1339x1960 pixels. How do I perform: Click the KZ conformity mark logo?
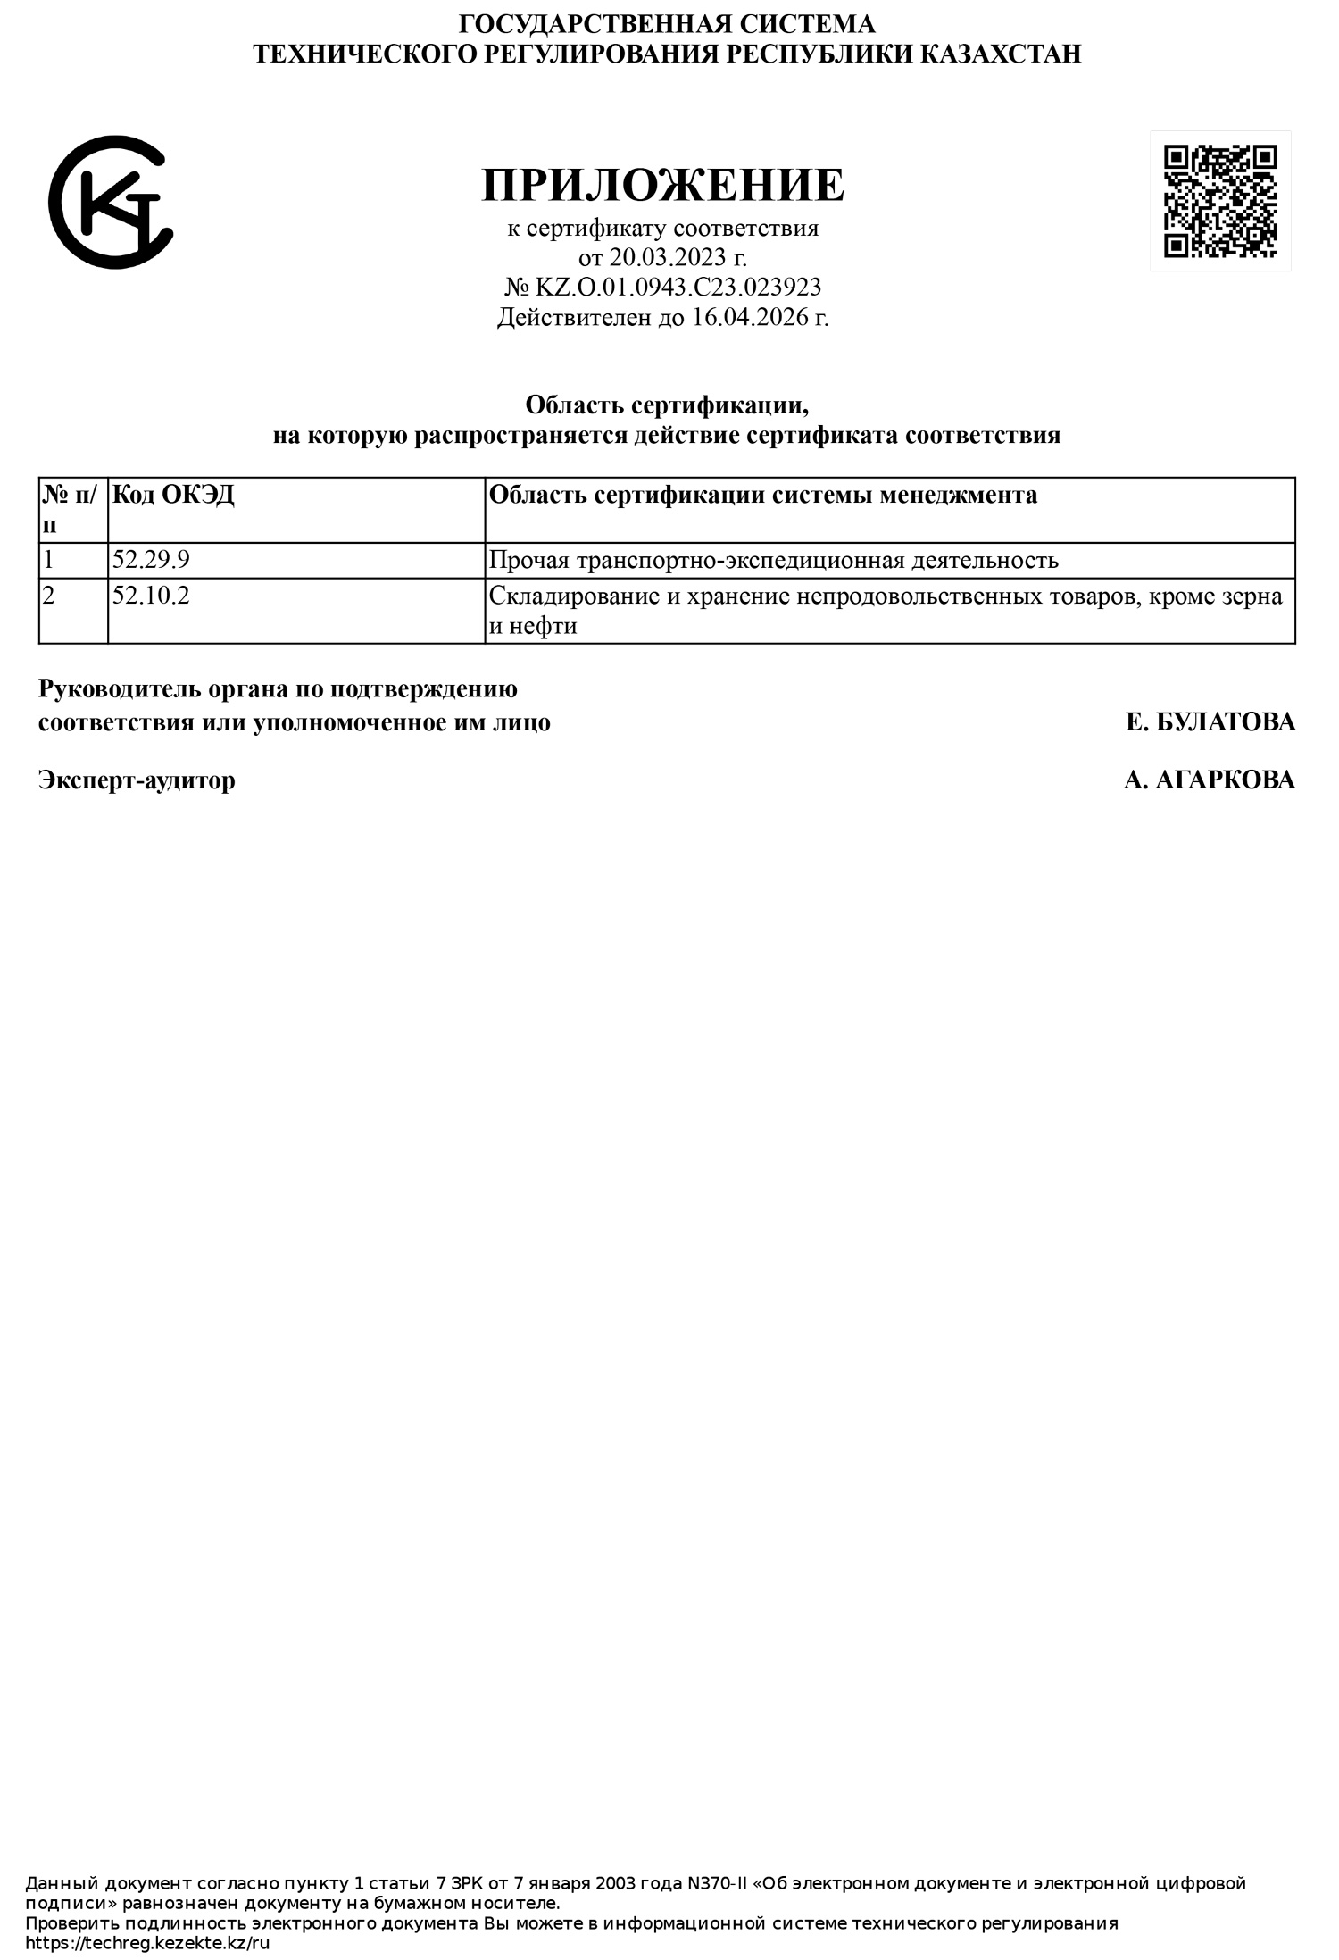coord(110,202)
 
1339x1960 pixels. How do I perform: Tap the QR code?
coord(1219,201)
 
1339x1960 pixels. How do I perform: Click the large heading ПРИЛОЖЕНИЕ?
coord(662,186)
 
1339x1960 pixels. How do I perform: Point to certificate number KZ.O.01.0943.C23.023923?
coord(677,287)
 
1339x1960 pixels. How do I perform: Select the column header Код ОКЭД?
coord(174,495)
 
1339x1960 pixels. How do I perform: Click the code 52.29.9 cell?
coord(152,560)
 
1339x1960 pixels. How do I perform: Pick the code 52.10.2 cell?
coord(152,596)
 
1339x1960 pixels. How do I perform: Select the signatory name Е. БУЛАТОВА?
coord(1210,721)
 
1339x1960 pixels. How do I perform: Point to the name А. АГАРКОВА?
coord(1209,780)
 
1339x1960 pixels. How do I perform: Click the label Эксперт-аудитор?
coord(137,780)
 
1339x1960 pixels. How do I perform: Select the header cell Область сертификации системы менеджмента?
coord(764,495)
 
